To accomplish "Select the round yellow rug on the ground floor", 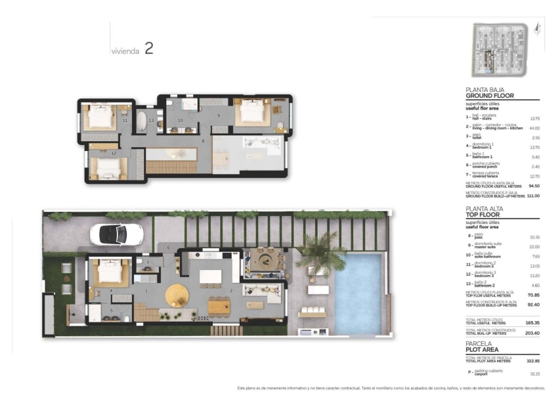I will click(x=177, y=296).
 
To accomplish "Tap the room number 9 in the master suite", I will click(x=219, y=116).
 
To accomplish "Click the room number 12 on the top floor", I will click(x=114, y=153).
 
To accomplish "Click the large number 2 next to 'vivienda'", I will click(x=148, y=49).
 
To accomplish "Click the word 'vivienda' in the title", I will click(x=125, y=51).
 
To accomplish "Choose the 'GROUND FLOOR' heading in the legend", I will click(x=490, y=95).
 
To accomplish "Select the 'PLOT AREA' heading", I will click(x=484, y=349).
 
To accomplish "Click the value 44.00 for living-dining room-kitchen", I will click(x=534, y=127).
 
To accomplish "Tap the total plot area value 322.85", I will click(x=533, y=361).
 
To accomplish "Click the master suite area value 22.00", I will click(x=534, y=246).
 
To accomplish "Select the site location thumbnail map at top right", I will click(x=499, y=50).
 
